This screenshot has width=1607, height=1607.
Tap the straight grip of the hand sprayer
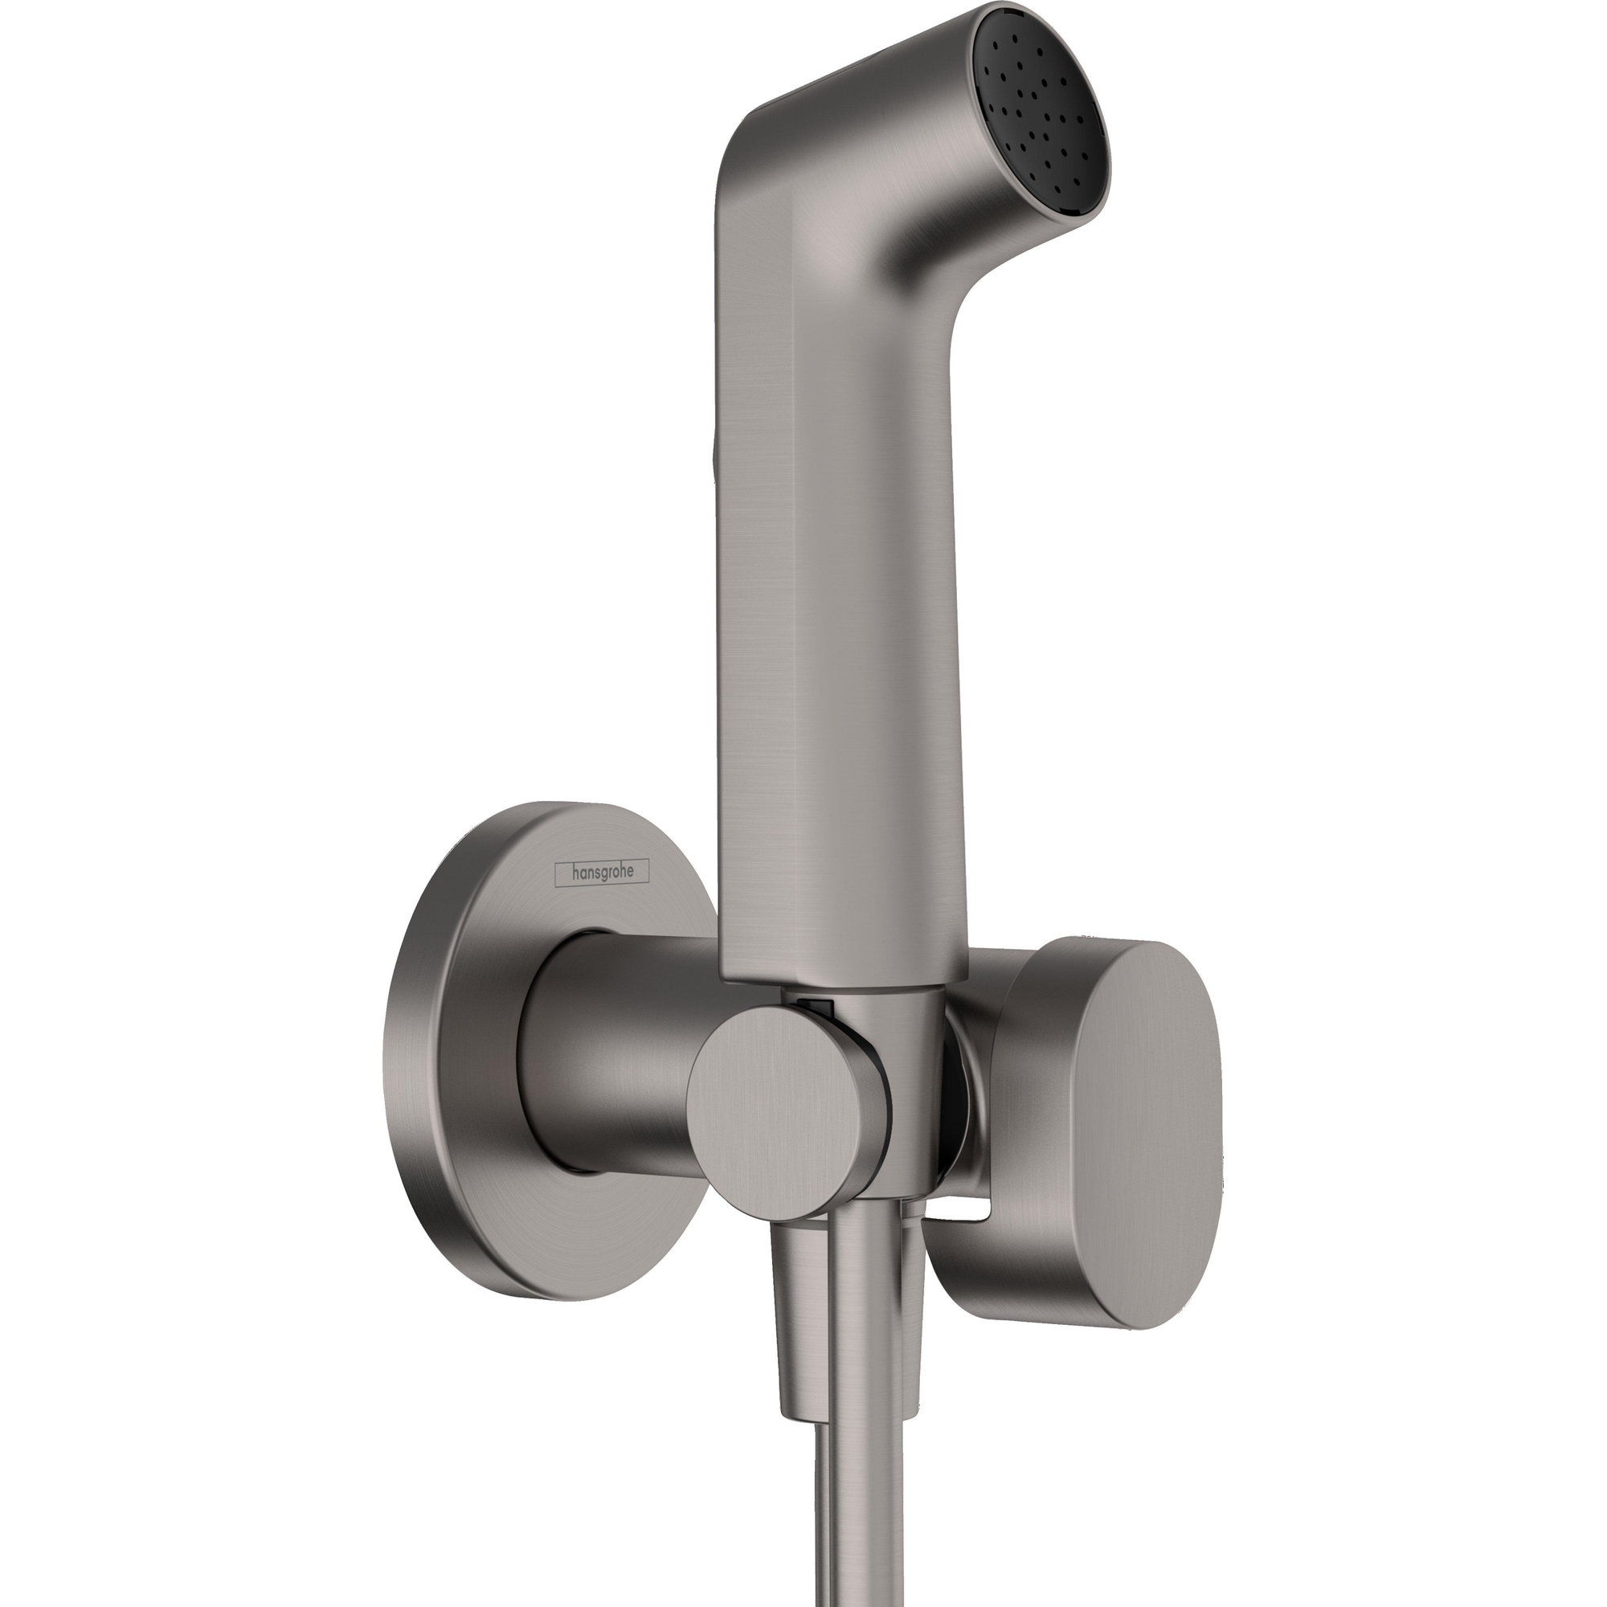[x=840, y=665]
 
